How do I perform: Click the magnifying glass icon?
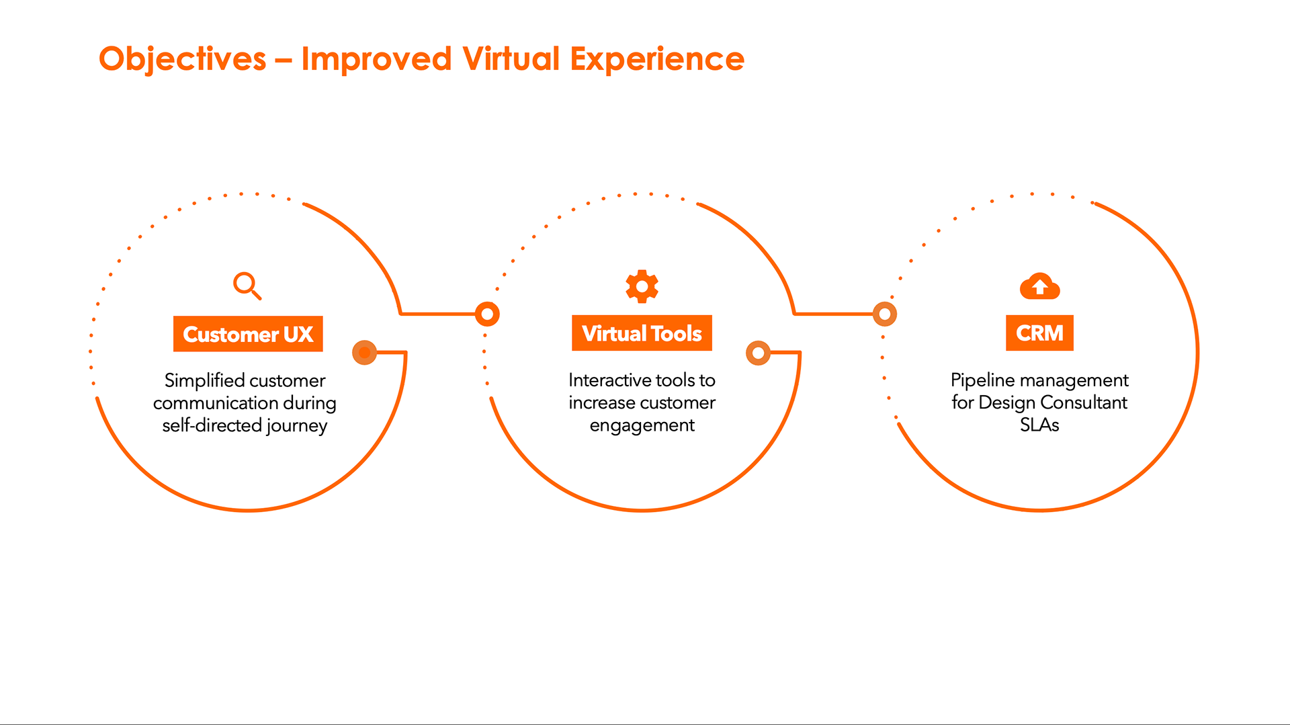point(247,285)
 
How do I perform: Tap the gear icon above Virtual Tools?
point(642,286)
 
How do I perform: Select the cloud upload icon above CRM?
point(1039,286)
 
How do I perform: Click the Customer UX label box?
point(248,334)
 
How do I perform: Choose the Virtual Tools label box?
point(642,333)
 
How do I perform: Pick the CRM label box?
point(1039,333)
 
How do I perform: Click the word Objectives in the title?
point(183,59)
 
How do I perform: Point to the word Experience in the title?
point(657,59)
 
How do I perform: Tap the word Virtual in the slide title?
point(511,59)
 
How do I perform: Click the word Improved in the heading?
point(376,59)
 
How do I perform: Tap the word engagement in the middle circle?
point(642,425)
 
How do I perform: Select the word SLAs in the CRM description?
point(1039,425)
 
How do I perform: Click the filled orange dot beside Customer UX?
point(364,352)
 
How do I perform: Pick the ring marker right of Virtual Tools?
point(758,353)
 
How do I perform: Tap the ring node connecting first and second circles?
point(487,314)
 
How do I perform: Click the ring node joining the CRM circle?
point(885,314)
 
